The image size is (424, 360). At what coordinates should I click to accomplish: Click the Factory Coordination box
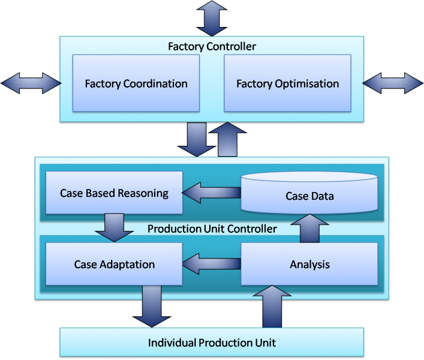coord(136,83)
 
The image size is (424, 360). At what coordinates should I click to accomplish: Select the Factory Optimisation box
coord(287,83)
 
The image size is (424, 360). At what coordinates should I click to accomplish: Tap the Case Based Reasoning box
coord(114,193)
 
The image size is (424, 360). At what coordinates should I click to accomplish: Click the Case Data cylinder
coord(309,196)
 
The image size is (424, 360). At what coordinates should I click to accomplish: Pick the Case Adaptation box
coord(114,264)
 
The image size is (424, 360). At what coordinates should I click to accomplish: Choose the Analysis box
coord(309,264)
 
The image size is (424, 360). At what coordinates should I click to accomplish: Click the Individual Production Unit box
coord(212,343)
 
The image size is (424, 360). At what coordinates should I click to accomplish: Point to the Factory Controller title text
coord(212,46)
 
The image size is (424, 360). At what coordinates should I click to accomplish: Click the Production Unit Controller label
coord(212,229)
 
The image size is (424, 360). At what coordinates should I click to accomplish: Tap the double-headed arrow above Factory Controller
coord(212,18)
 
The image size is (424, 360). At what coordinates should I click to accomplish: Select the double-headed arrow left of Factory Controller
coord(31,83)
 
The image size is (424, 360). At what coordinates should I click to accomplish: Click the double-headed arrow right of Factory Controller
coord(393,83)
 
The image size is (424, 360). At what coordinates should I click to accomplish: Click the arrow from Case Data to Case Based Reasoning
coord(211,193)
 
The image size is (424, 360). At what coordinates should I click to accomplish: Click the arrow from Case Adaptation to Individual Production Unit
coord(152,306)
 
